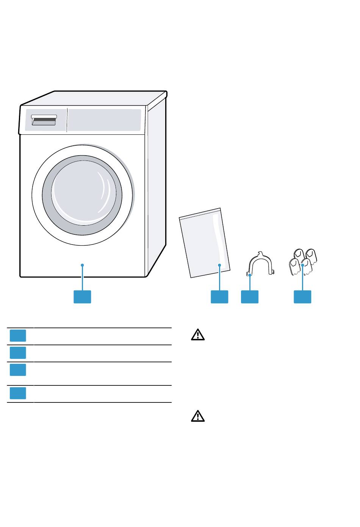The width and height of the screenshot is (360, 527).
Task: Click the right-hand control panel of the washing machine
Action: pyautogui.click(x=105, y=120)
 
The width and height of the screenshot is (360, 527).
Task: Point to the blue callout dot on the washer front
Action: pyautogui.click(x=82, y=265)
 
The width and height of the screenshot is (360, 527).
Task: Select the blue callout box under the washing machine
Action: pyautogui.click(x=82, y=297)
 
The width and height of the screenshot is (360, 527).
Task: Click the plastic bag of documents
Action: pyautogui.click(x=205, y=242)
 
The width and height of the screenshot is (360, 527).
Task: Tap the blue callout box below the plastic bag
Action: pyautogui.click(x=219, y=297)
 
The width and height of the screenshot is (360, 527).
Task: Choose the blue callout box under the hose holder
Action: pyautogui.click(x=250, y=297)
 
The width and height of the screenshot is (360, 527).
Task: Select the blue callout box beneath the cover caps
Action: pyautogui.click(x=302, y=297)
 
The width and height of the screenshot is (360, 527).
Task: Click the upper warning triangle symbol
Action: pyautogui.click(x=197, y=335)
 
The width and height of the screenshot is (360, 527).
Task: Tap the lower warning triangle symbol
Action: pyautogui.click(x=197, y=416)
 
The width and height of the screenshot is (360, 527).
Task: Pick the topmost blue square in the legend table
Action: pyautogui.click(x=18, y=336)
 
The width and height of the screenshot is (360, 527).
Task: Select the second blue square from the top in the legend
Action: pyautogui.click(x=18, y=353)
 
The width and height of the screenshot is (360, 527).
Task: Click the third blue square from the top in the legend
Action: pyautogui.click(x=18, y=370)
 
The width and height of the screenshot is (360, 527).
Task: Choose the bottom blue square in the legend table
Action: pyautogui.click(x=18, y=393)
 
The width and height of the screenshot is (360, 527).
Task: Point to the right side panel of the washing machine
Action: pyautogui.click(x=156, y=186)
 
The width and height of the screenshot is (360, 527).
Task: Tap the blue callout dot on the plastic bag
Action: pyautogui.click(x=219, y=265)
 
